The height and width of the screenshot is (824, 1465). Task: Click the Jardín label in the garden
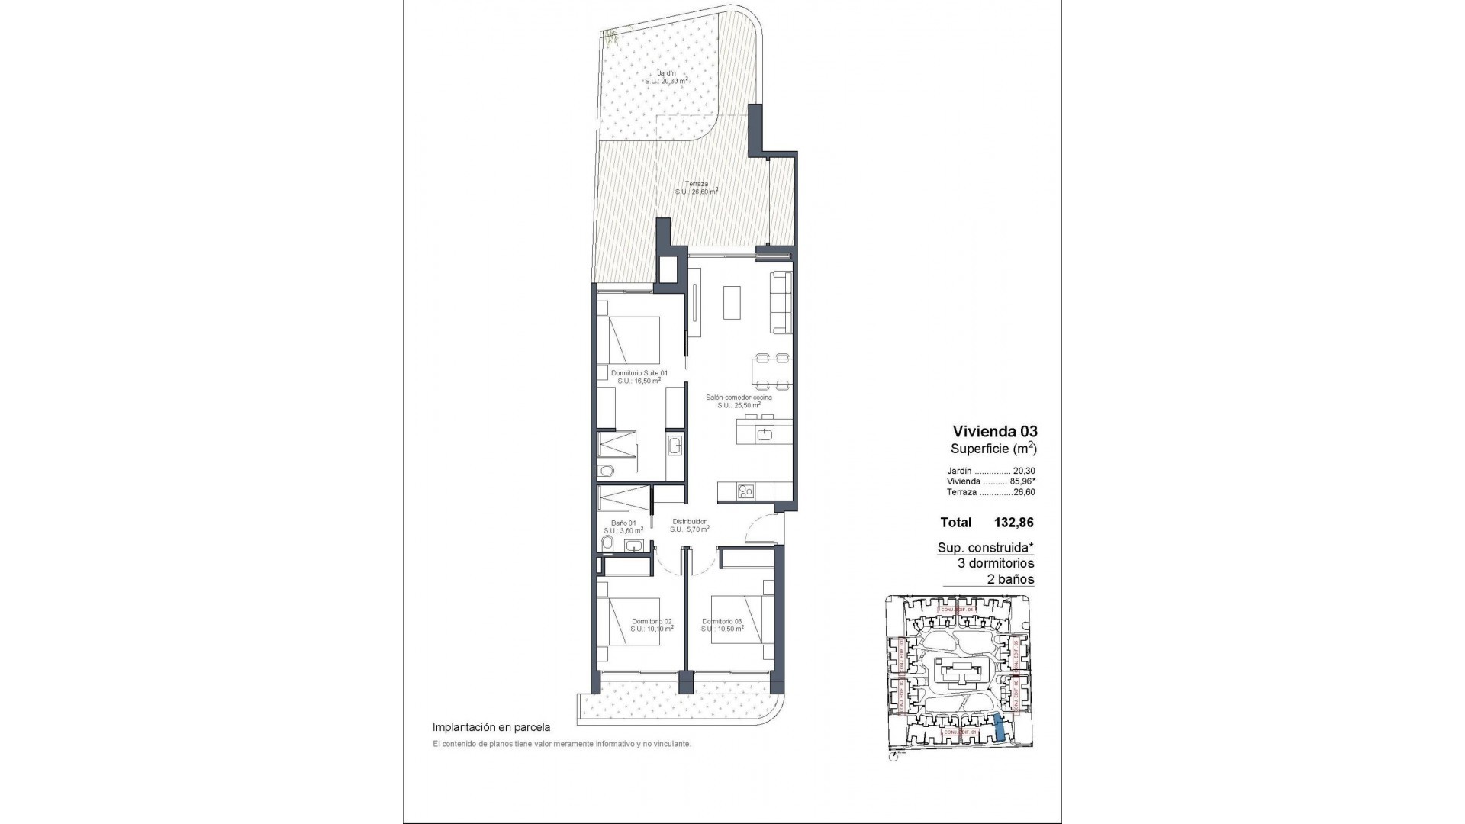tap(667, 74)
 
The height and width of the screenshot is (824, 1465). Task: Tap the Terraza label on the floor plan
tap(697, 184)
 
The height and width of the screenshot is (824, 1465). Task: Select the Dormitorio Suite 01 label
tap(639, 373)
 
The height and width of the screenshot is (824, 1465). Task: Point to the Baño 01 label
tap(623, 523)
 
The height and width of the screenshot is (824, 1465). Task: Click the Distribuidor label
tap(690, 523)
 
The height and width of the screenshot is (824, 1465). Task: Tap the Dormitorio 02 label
tap(652, 621)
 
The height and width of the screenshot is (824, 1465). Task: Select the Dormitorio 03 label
tap(722, 621)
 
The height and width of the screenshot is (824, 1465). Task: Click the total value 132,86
tap(1013, 523)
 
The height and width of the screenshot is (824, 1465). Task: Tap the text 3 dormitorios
tap(996, 563)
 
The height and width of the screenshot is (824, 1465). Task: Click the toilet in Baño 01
tap(607, 542)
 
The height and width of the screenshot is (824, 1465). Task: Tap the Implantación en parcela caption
tap(491, 728)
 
